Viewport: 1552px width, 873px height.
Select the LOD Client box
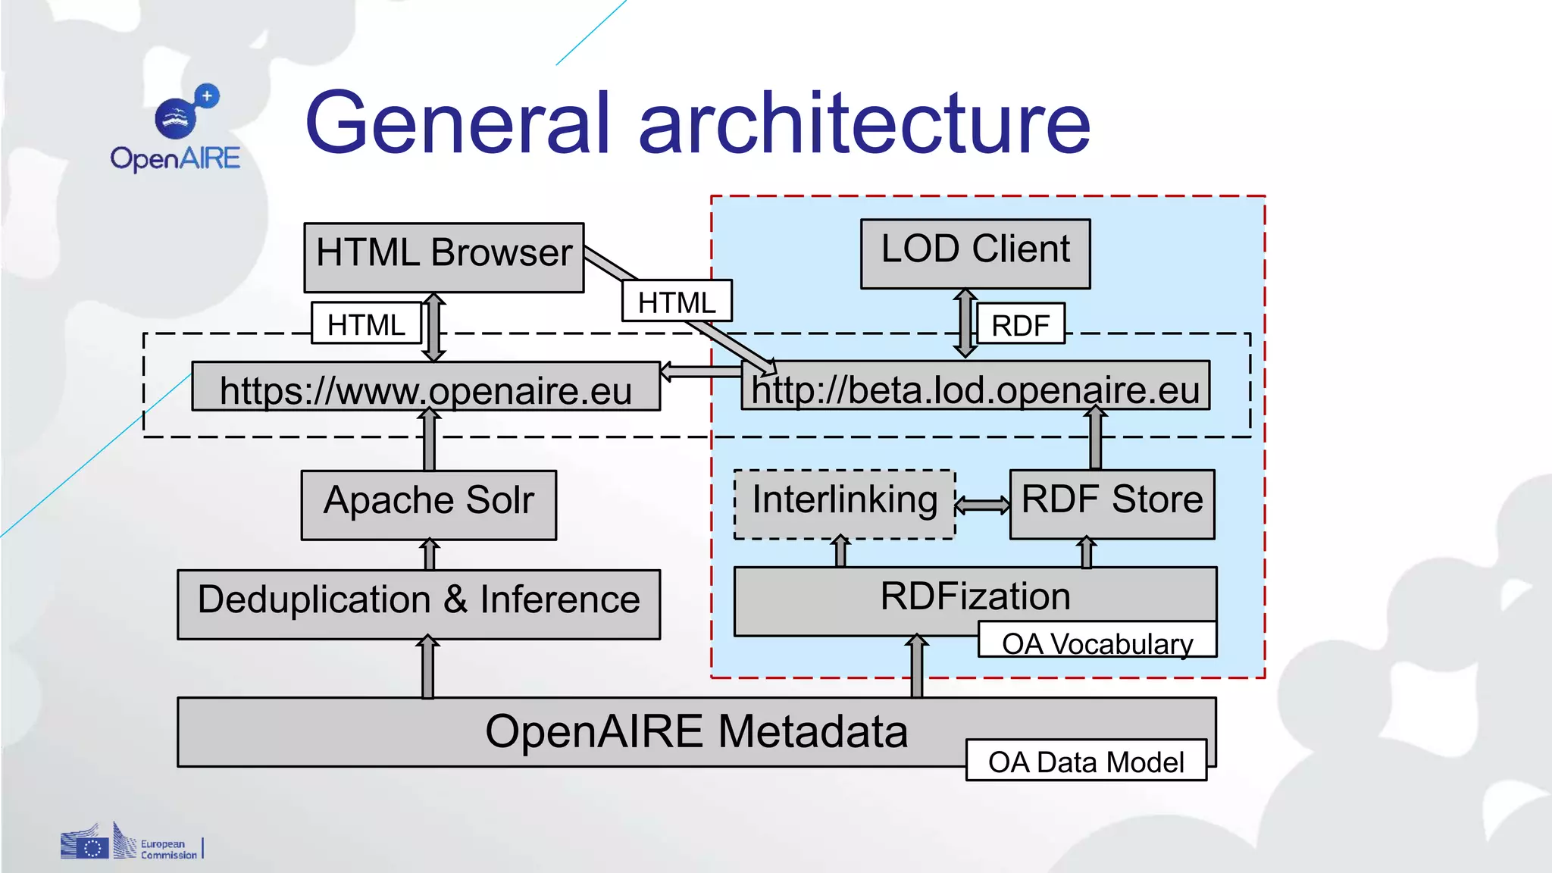tap(975, 253)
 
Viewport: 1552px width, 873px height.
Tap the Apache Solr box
tap(428, 504)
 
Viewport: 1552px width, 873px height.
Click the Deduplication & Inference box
tap(418, 603)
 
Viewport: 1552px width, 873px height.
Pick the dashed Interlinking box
tap(844, 503)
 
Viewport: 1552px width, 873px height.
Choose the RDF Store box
tap(1112, 503)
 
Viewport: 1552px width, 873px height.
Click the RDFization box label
tap(975, 596)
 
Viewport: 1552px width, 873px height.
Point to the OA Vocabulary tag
tap(1097, 642)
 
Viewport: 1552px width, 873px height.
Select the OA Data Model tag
tap(1085, 761)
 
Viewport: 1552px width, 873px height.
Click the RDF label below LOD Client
tap(1020, 324)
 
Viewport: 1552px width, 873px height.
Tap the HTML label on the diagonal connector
tap(676, 301)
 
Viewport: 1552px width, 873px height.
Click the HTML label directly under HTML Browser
tap(365, 324)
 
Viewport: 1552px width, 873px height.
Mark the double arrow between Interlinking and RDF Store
tap(982, 505)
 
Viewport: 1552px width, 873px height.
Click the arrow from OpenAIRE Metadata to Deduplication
tap(428, 667)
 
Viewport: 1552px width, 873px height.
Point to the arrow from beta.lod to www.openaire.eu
tap(700, 371)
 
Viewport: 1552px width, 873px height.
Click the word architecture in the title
tap(864, 123)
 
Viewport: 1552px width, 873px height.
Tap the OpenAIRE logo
tap(176, 127)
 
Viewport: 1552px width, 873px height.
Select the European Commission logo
tap(130, 843)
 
